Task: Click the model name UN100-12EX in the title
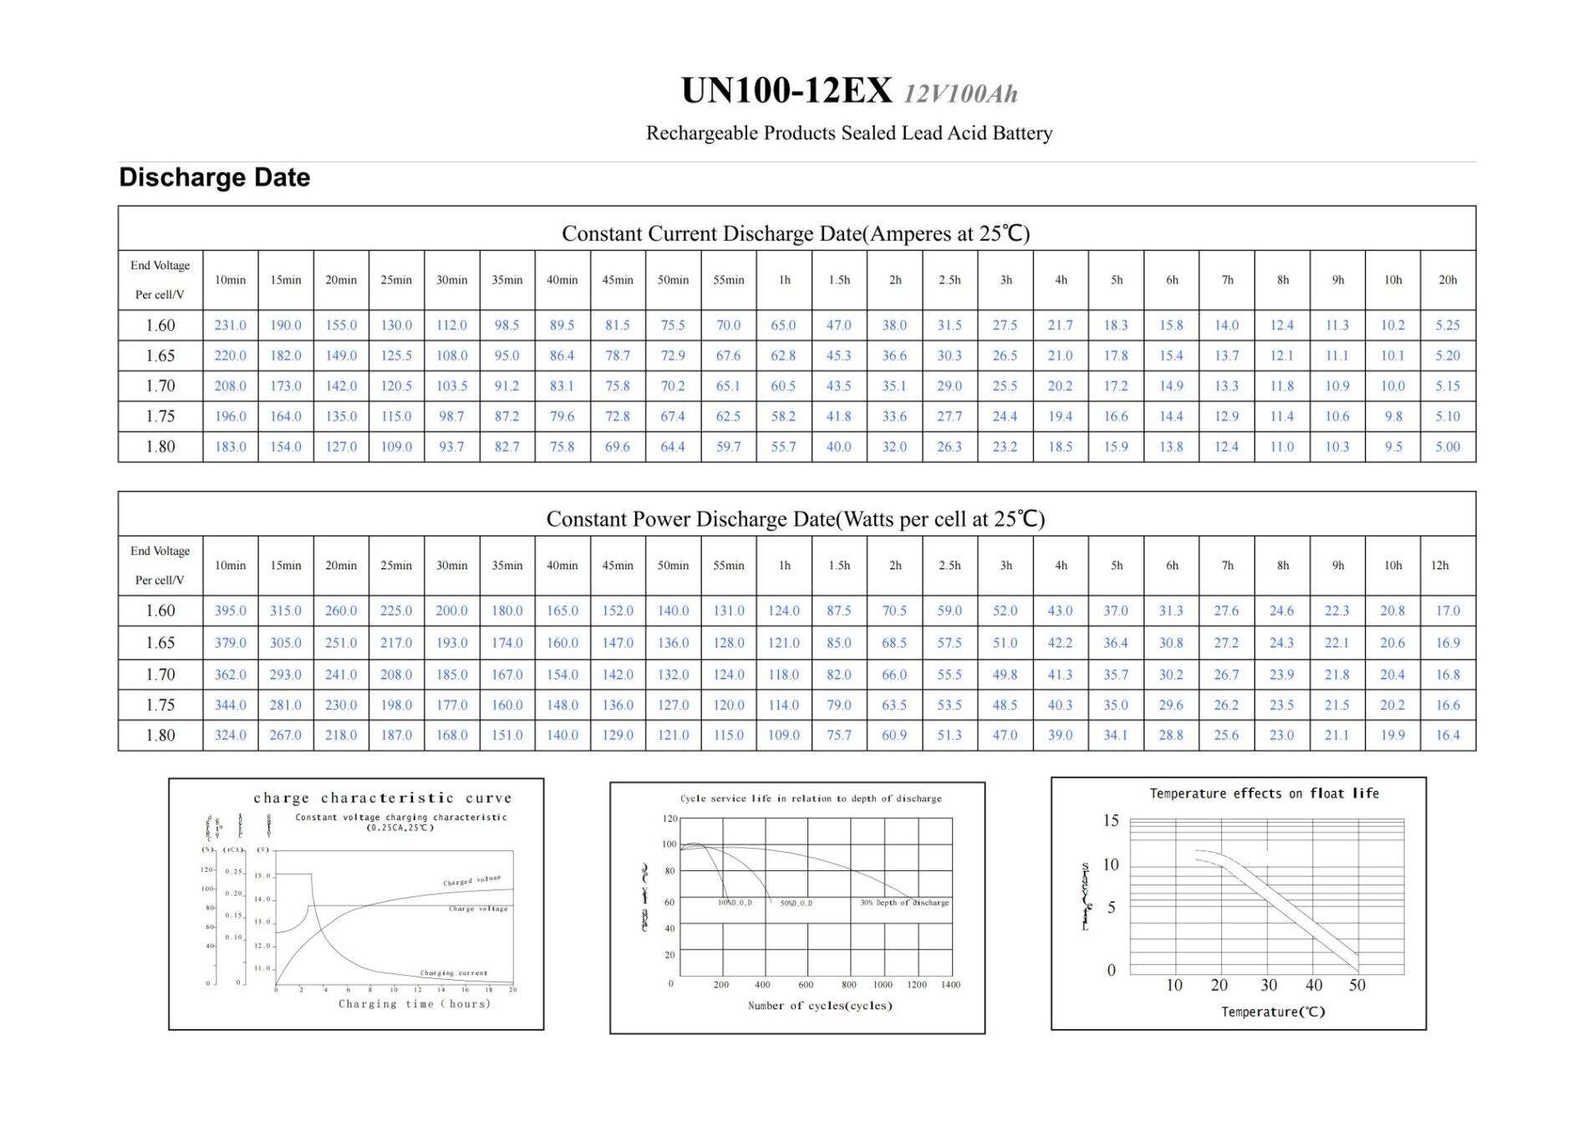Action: pyautogui.click(x=786, y=90)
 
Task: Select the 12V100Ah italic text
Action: pyautogui.click(x=961, y=94)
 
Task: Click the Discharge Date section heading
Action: pyautogui.click(x=214, y=177)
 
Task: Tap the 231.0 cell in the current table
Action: pyautogui.click(x=230, y=325)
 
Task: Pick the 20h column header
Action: pyautogui.click(x=1448, y=280)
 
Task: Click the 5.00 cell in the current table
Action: pyautogui.click(x=1448, y=446)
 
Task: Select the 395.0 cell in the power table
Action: pyautogui.click(x=230, y=611)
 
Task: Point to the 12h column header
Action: pyautogui.click(x=1439, y=566)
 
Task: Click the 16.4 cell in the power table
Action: pyautogui.click(x=1448, y=736)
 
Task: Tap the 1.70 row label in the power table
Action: pyautogui.click(x=160, y=675)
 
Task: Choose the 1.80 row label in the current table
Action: pyautogui.click(x=160, y=446)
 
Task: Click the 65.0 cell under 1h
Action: pyautogui.click(x=783, y=325)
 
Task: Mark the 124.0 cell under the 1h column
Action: pyautogui.click(x=783, y=611)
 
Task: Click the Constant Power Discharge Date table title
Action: pyautogui.click(x=795, y=519)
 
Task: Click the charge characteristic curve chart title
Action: pyautogui.click(x=382, y=798)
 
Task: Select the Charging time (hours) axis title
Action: pyautogui.click(x=414, y=1004)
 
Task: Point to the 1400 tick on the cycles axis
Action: pyautogui.click(x=950, y=985)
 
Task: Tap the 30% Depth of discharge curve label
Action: pyautogui.click(x=904, y=903)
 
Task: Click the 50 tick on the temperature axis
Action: pyautogui.click(x=1356, y=986)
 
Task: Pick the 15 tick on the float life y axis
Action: pyautogui.click(x=1110, y=820)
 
